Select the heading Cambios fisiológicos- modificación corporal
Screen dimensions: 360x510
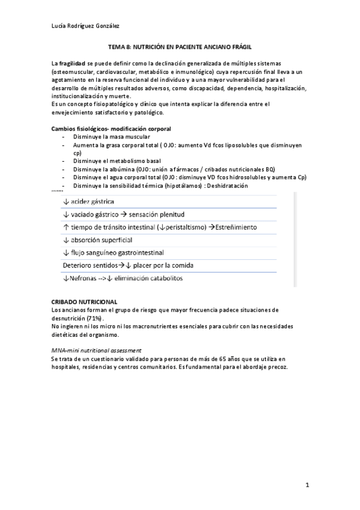pyautogui.click(x=111, y=129)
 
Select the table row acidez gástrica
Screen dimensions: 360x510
pyautogui.click(x=89, y=201)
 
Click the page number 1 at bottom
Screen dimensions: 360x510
pyautogui.click(x=307, y=485)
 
